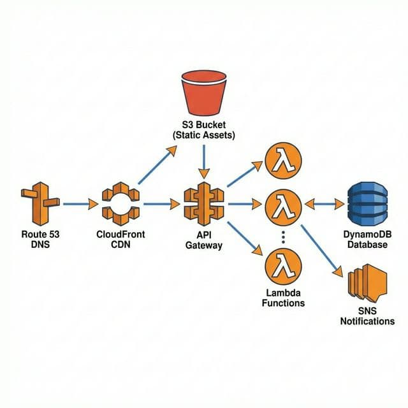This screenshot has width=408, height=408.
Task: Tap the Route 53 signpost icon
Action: (x=40, y=203)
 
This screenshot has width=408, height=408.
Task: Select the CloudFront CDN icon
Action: (x=120, y=203)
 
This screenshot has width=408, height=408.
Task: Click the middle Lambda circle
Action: (x=281, y=205)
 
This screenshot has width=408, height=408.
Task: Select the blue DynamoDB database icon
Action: (x=368, y=205)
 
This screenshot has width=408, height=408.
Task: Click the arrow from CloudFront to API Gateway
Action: (x=162, y=204)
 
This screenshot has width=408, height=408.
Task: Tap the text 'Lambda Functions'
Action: (x=283, y=298)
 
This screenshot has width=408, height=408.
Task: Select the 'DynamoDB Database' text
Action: (x=368, y=239)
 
